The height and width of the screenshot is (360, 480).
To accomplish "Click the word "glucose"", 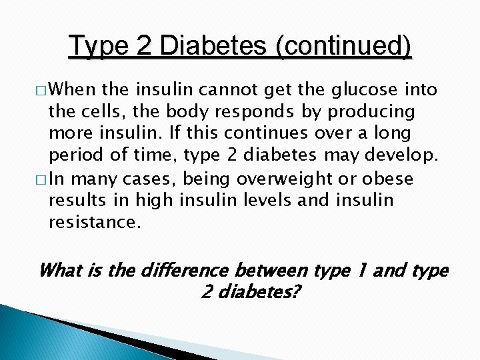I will pyautogui.click(x=363, y=90).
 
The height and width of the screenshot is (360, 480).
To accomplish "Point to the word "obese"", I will pyautogui.click(x=387, y=179).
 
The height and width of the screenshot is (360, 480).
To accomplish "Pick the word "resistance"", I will pyautogui.click(x=94, y=222).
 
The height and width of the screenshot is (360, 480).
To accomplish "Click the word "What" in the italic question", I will pyautogui.click(x=61, y=270).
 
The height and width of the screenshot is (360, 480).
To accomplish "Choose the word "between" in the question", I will pyautogui.click(x=270, y=270).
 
